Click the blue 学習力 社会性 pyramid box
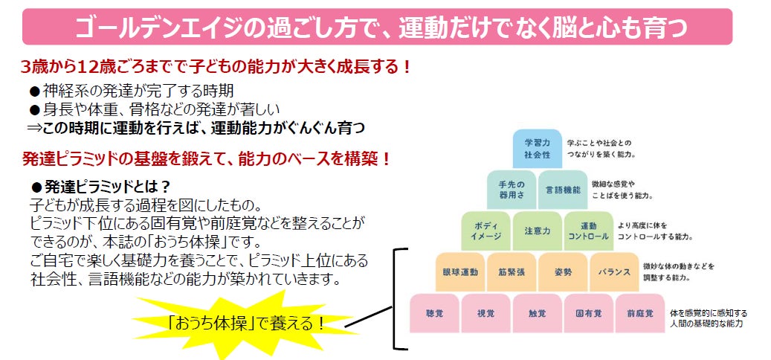536,148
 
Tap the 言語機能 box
563,190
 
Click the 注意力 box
536,231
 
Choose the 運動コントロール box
587,231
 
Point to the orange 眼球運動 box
460,272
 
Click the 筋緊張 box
511,272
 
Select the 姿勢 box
562,272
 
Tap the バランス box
613,272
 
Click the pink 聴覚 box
434,314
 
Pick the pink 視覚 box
485,314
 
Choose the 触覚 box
536,314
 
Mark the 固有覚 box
588,314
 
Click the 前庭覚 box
639,314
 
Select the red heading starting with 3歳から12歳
216,67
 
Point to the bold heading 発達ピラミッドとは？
101,186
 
